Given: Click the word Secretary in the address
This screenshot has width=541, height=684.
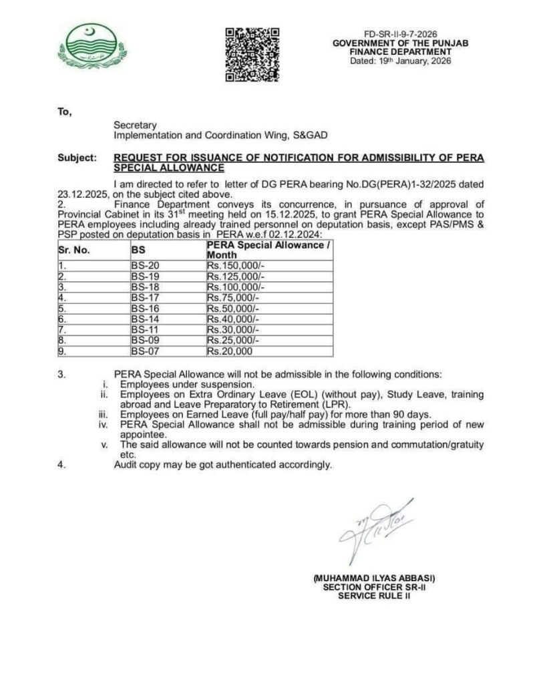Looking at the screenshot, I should (x=135, y=125).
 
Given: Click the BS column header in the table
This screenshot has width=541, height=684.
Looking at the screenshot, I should (x=138, y=250).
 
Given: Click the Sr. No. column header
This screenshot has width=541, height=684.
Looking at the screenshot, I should (x=73, y=250).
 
